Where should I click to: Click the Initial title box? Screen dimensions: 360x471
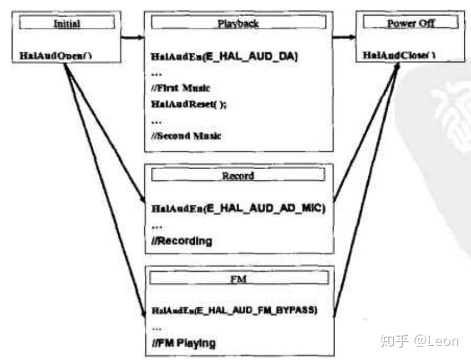tap(67, 23)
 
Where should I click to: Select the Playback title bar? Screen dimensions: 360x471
tap(239, 23)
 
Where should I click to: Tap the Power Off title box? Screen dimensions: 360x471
tap(410, 23)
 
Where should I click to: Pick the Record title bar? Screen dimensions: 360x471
tap(238, 175)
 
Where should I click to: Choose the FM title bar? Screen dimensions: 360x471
tap(238, 278)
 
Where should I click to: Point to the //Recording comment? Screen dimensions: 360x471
tap(181, 241)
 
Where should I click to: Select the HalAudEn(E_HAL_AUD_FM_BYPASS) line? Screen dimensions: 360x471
tap(234, 311)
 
